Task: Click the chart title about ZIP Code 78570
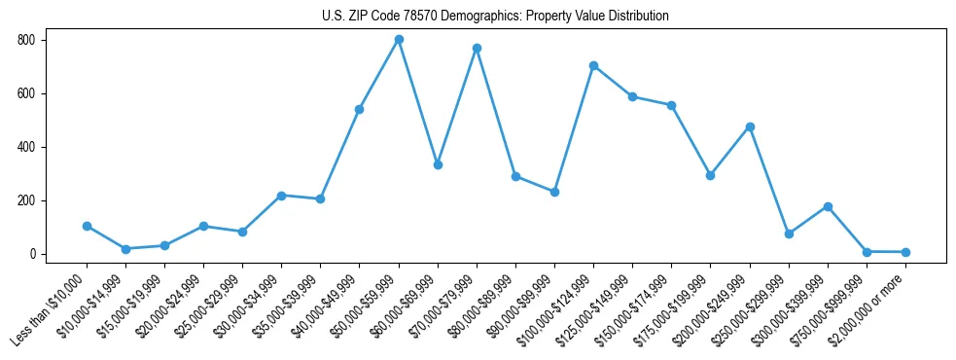pyautogui.click(x=495, y=16)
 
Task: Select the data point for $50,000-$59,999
pyautogui.click(x=399, y=39)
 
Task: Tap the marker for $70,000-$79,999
pyautogui.click(x=477, y=48)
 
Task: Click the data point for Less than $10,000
pyautogui.click(x=87, y=226)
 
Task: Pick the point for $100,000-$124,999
pyautogui.click(x=593, y=65)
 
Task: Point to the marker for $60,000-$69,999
pyautogui.click(x=438, y=164)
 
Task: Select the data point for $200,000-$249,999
pyautogui.click(x=750, y=126)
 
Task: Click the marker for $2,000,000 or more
pyautogui.click(x=905, y=252)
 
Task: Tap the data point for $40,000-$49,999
pyautogui.click(x=360, y=109)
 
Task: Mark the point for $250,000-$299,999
pyautogui.click(x=789, y=234)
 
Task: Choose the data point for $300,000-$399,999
pyautogui.click(x=828, y=206)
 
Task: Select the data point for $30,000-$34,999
pyautogui.click(x=281, y=196)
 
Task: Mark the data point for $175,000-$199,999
pyautogui.click(x=710, y=175)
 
